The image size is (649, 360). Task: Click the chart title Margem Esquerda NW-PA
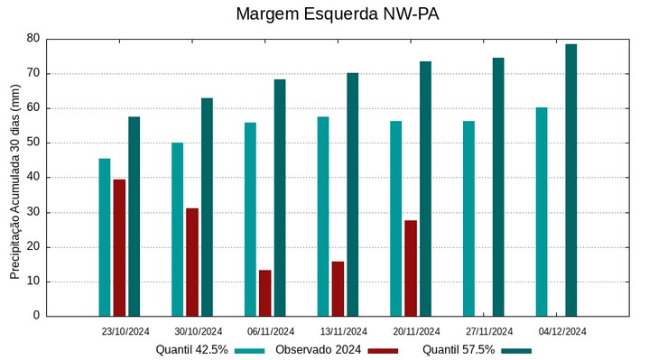point(337,14)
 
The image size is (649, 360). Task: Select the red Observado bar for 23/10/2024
point(119,247)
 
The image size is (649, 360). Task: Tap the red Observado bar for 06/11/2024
point(265,292)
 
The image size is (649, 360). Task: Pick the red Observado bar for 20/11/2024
point(411,268)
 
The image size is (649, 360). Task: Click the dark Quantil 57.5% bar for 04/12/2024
point(571,180)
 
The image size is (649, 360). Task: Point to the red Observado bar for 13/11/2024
point(338,289)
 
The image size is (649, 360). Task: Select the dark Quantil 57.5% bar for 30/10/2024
point(207,207)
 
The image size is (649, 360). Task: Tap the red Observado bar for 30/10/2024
point(192,262)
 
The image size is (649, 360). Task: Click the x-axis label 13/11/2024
point(344,331)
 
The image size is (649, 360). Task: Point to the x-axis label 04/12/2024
point(562,331)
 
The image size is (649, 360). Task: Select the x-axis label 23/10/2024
point(125,331)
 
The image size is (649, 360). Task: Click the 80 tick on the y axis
point(33,39)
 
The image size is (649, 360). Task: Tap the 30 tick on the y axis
point(33,212)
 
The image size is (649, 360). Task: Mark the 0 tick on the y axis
point(36,316)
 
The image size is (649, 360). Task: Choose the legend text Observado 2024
point(319,350)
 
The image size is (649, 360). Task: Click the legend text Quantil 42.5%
point(191,350)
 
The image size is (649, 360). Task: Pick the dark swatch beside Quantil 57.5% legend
point(516,350)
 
